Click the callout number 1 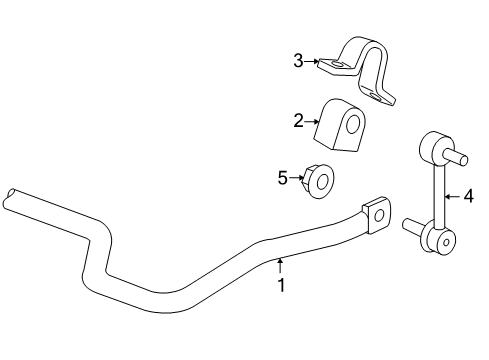281,284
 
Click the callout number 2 297,121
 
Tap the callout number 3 298,61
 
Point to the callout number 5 283,178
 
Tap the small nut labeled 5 320,181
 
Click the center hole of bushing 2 356,125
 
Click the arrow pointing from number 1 281,264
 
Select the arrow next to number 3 315,62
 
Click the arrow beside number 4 448,196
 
